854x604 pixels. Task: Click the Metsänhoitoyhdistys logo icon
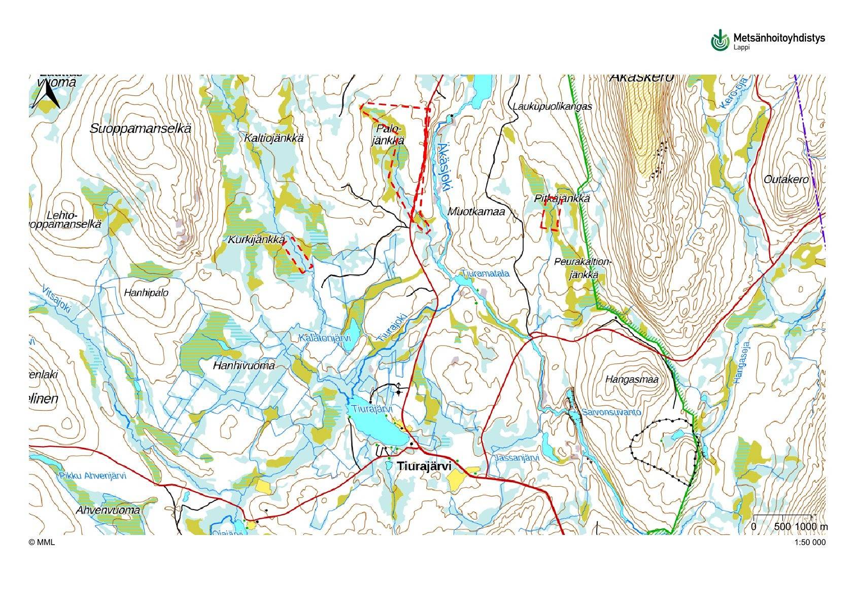(720, 40)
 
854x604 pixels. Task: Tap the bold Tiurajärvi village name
(424, 465)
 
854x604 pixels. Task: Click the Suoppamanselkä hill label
(141, 128)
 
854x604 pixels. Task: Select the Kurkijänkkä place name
(255, 240)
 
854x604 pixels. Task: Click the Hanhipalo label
(146, 293)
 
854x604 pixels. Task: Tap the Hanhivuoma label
(244, 365)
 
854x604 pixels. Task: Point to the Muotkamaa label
(476, 211)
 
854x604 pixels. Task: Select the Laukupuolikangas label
(552, 107)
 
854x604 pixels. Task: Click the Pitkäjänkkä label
(562, 199)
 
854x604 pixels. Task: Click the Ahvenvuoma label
(108, 510)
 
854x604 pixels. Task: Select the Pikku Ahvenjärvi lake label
(92, 476)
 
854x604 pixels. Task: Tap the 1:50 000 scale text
(810, 543)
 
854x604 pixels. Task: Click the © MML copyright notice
(42, 543)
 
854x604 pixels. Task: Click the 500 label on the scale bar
(782, 526)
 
